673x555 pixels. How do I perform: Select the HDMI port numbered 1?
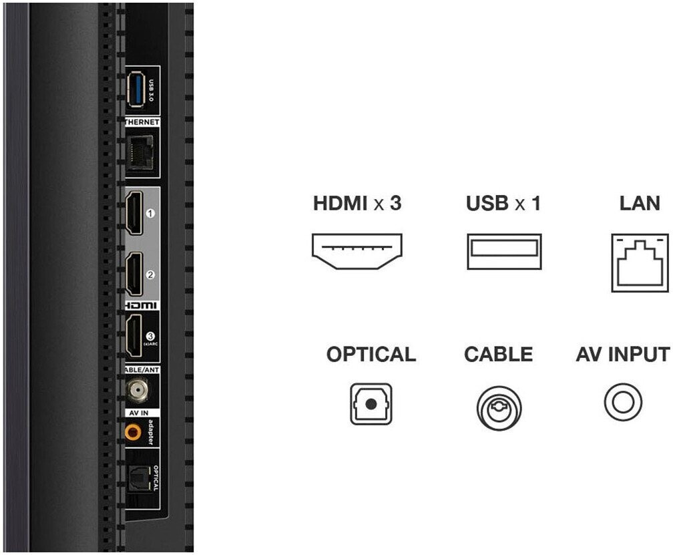pos(134,213)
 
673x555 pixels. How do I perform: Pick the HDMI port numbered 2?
pos(134,274)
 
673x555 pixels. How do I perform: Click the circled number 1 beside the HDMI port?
pos(150,214)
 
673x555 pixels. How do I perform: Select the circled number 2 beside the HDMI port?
pos(150,274)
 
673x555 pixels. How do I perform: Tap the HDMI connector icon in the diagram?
pos(357,252)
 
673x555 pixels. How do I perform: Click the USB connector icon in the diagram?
pos(503,252)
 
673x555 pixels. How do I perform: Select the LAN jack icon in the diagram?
pos(640,263)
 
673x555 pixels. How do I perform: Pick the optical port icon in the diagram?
pos(371,404)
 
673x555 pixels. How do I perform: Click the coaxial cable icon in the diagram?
pos(499,408)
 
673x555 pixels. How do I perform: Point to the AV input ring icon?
pos(623,403)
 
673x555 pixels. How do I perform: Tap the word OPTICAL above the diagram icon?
pos(371,355)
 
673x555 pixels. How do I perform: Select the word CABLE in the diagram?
pos(498,355)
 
